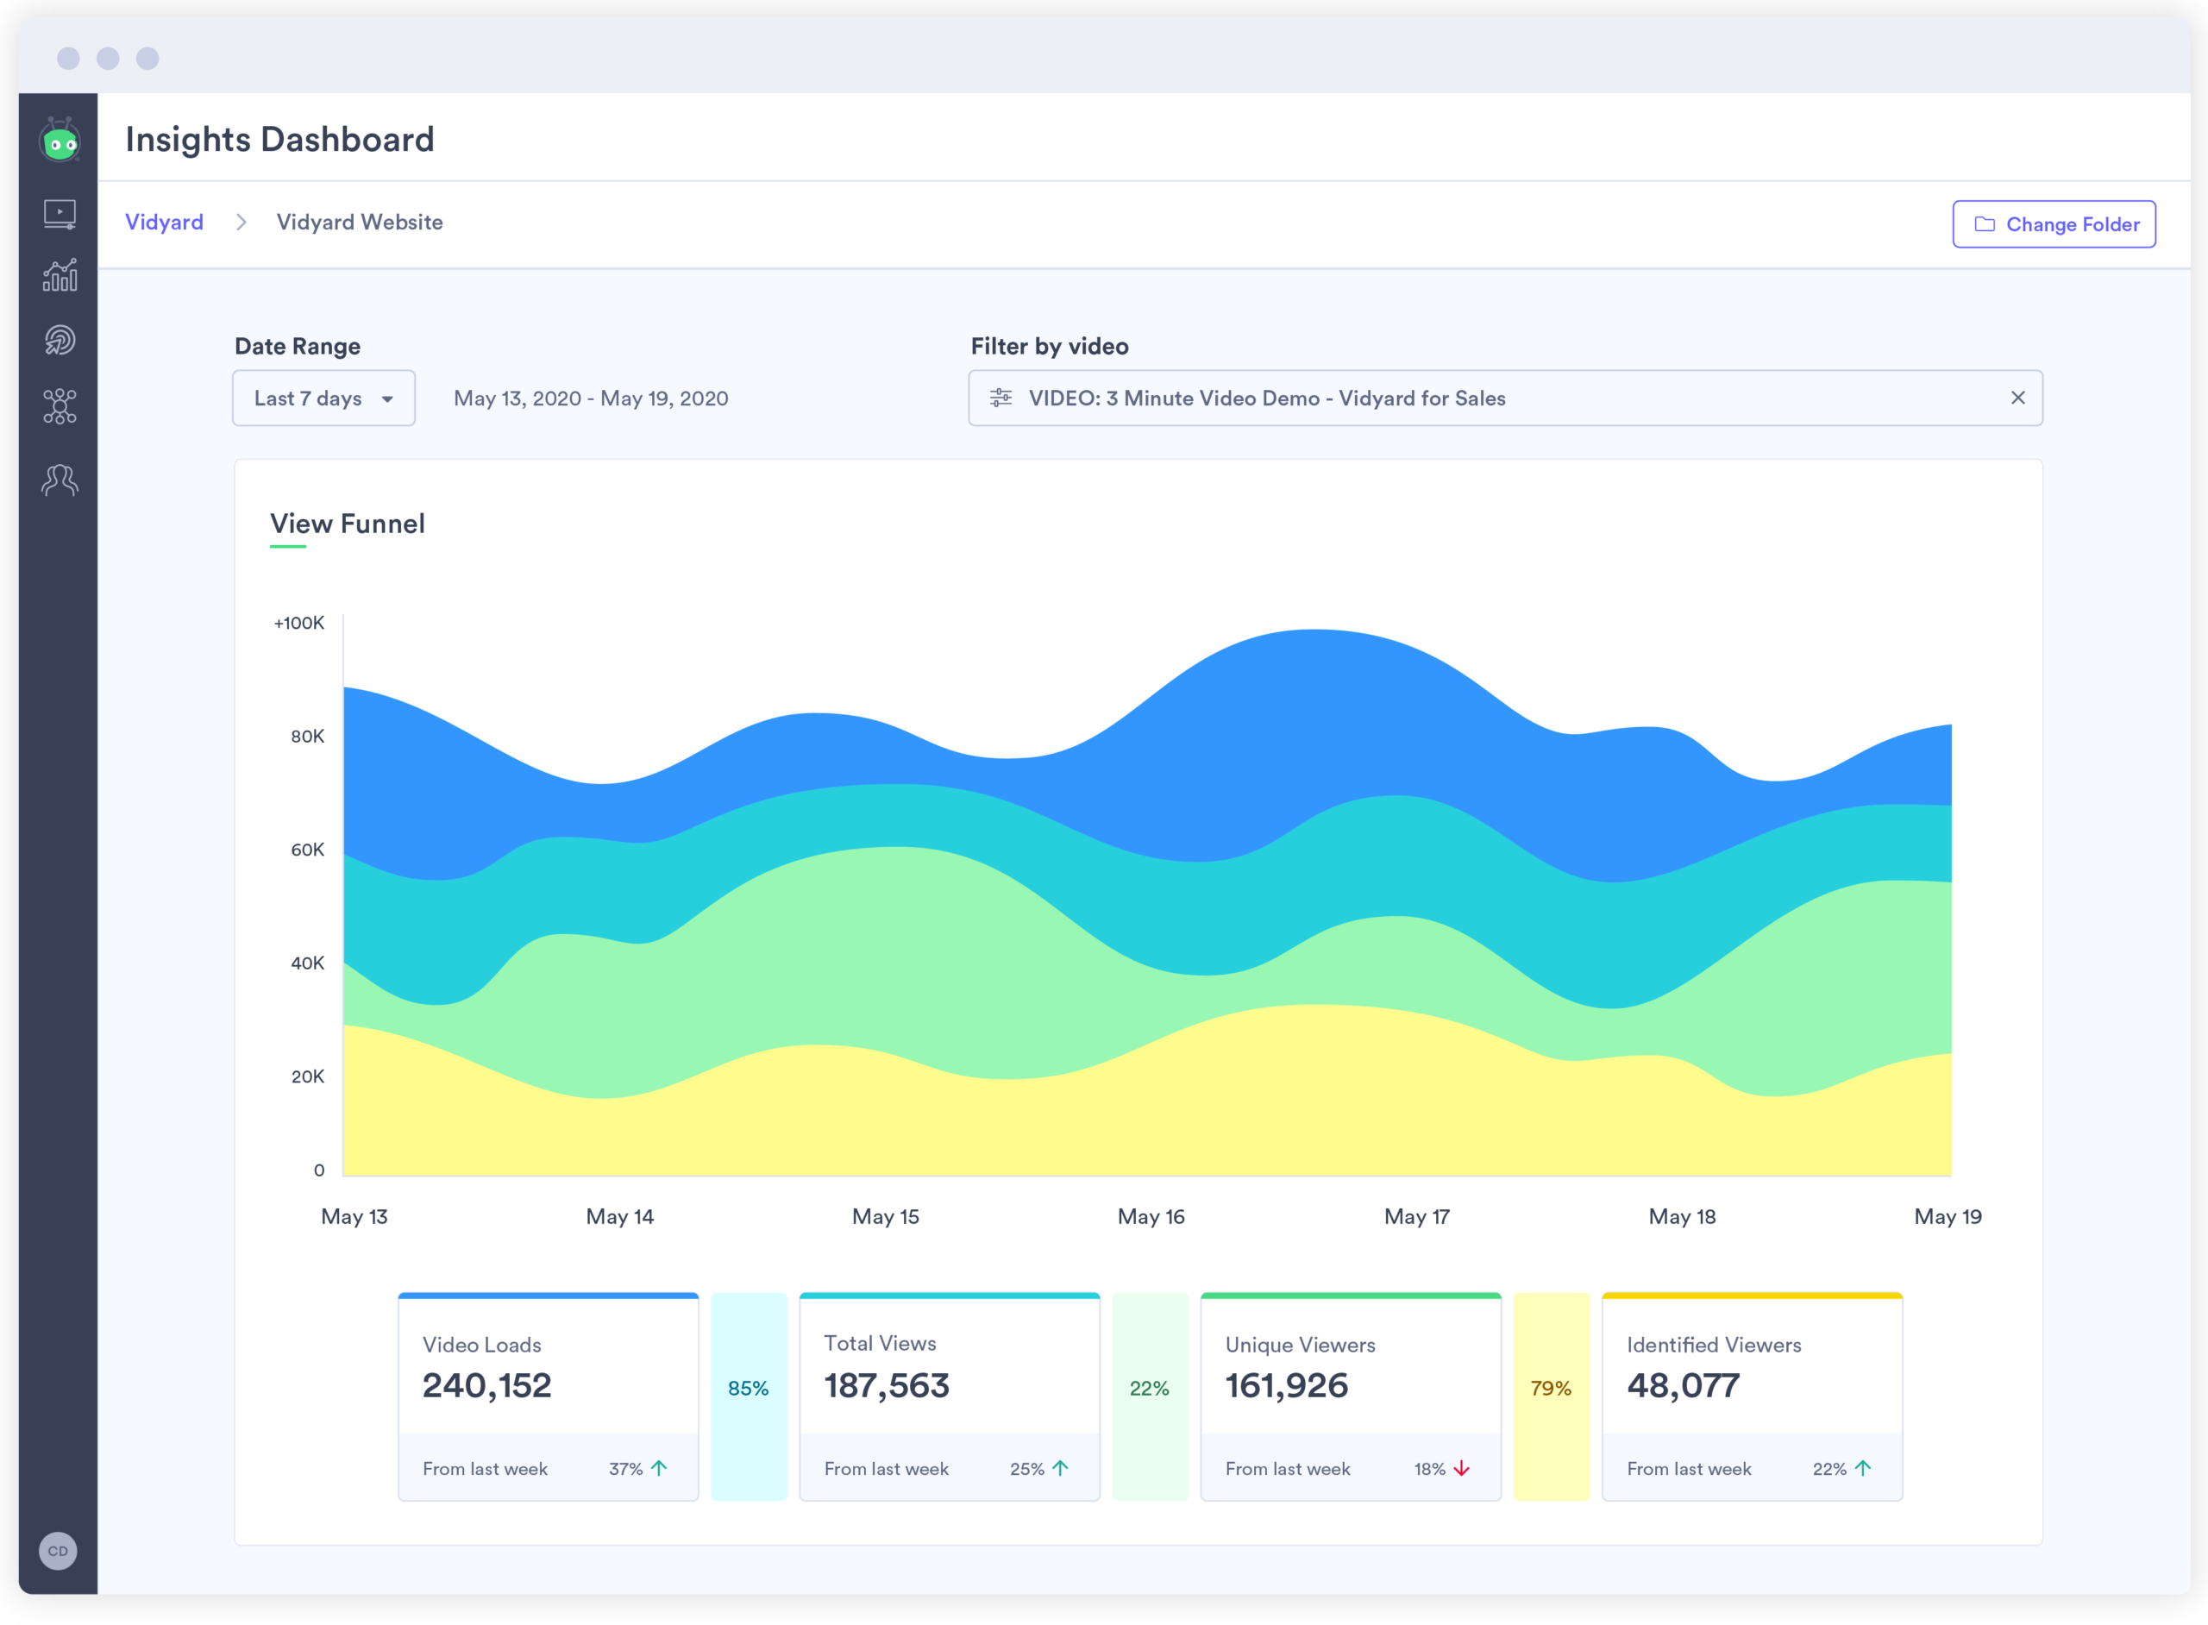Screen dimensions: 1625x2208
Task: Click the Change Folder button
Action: (x=2054, y=224)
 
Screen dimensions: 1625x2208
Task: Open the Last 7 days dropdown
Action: (x=323, y=398)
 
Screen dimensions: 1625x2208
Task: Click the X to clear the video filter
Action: (x=2017, y=398)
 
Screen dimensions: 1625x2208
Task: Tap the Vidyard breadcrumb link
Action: (x=164, y=223)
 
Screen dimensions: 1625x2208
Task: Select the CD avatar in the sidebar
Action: (x=58, y=1551)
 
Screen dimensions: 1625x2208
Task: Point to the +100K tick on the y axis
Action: (x=299, y=623)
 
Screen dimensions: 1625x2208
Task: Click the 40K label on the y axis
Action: (x=307, y=963)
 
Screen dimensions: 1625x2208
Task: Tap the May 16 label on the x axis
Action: (x=1151, y=1217)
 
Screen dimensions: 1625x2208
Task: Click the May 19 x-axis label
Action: (x=1948, y=1217)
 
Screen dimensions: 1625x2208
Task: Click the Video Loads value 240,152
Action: (x=486, y=1386)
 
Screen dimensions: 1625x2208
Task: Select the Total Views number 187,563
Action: (x=886, y=1386)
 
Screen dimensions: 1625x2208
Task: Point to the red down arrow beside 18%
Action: (x=1462, y=1469)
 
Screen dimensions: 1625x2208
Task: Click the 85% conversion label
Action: (x=749, y=1388)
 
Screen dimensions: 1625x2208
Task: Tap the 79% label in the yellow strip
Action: (x=1551, y=1388)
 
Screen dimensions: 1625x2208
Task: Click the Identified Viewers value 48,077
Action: (x=1683, y=1386)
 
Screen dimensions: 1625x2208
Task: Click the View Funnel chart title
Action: (x=348, y=524)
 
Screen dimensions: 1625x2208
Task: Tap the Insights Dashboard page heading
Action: (x=279, y=140)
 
